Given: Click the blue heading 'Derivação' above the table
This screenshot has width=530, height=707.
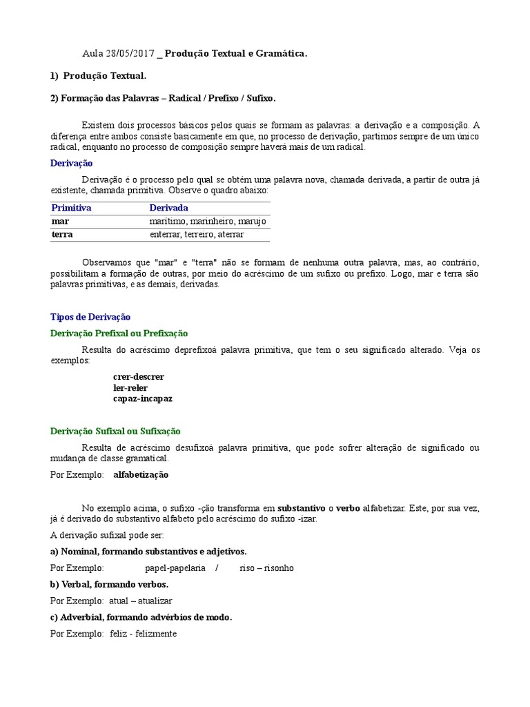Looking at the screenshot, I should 72,163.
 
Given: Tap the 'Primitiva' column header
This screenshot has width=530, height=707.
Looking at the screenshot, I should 72,208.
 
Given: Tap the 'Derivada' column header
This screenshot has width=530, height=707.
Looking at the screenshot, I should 168,208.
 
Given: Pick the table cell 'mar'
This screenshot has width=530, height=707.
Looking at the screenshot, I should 60,222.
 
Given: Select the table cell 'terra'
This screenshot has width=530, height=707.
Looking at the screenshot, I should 62,235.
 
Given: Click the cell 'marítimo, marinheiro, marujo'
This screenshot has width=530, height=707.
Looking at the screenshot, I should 208,222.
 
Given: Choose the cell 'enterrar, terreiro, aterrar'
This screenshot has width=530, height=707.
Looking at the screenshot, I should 197,235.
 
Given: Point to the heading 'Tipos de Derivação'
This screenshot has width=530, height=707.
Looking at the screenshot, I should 90,317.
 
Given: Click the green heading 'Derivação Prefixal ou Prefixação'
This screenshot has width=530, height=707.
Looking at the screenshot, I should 119,333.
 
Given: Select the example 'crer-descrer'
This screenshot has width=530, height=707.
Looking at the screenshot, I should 139,377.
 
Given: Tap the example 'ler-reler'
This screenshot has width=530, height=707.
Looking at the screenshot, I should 130,388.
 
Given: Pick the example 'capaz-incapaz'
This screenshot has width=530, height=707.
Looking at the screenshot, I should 143,399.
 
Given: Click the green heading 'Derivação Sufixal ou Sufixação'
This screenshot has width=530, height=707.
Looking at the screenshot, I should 116,432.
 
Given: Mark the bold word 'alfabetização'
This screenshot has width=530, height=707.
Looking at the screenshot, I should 141,475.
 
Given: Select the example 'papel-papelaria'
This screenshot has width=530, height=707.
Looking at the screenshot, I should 175,568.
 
